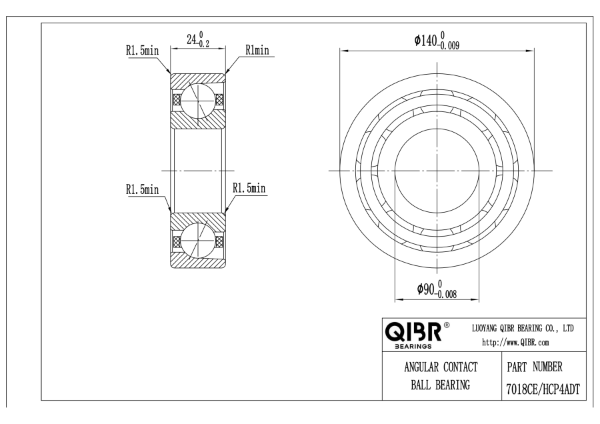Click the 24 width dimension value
click(198, 39)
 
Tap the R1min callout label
click(257, 50)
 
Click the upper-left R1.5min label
click(142, 50)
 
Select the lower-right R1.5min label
click(249, 188)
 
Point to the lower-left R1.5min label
click(142, 189)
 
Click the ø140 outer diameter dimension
click(437, 41)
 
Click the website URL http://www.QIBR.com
click(515, 343)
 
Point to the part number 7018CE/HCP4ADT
click(543, 389)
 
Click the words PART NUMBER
click(535, 367)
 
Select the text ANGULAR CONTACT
click(441, 367)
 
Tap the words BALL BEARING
click(441, 385)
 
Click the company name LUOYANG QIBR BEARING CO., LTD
click(523, 328)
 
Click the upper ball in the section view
click(197, 100)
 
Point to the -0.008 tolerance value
click(446, 294)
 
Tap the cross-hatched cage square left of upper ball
click(177, 99)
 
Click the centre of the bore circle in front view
click(437, 171)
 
